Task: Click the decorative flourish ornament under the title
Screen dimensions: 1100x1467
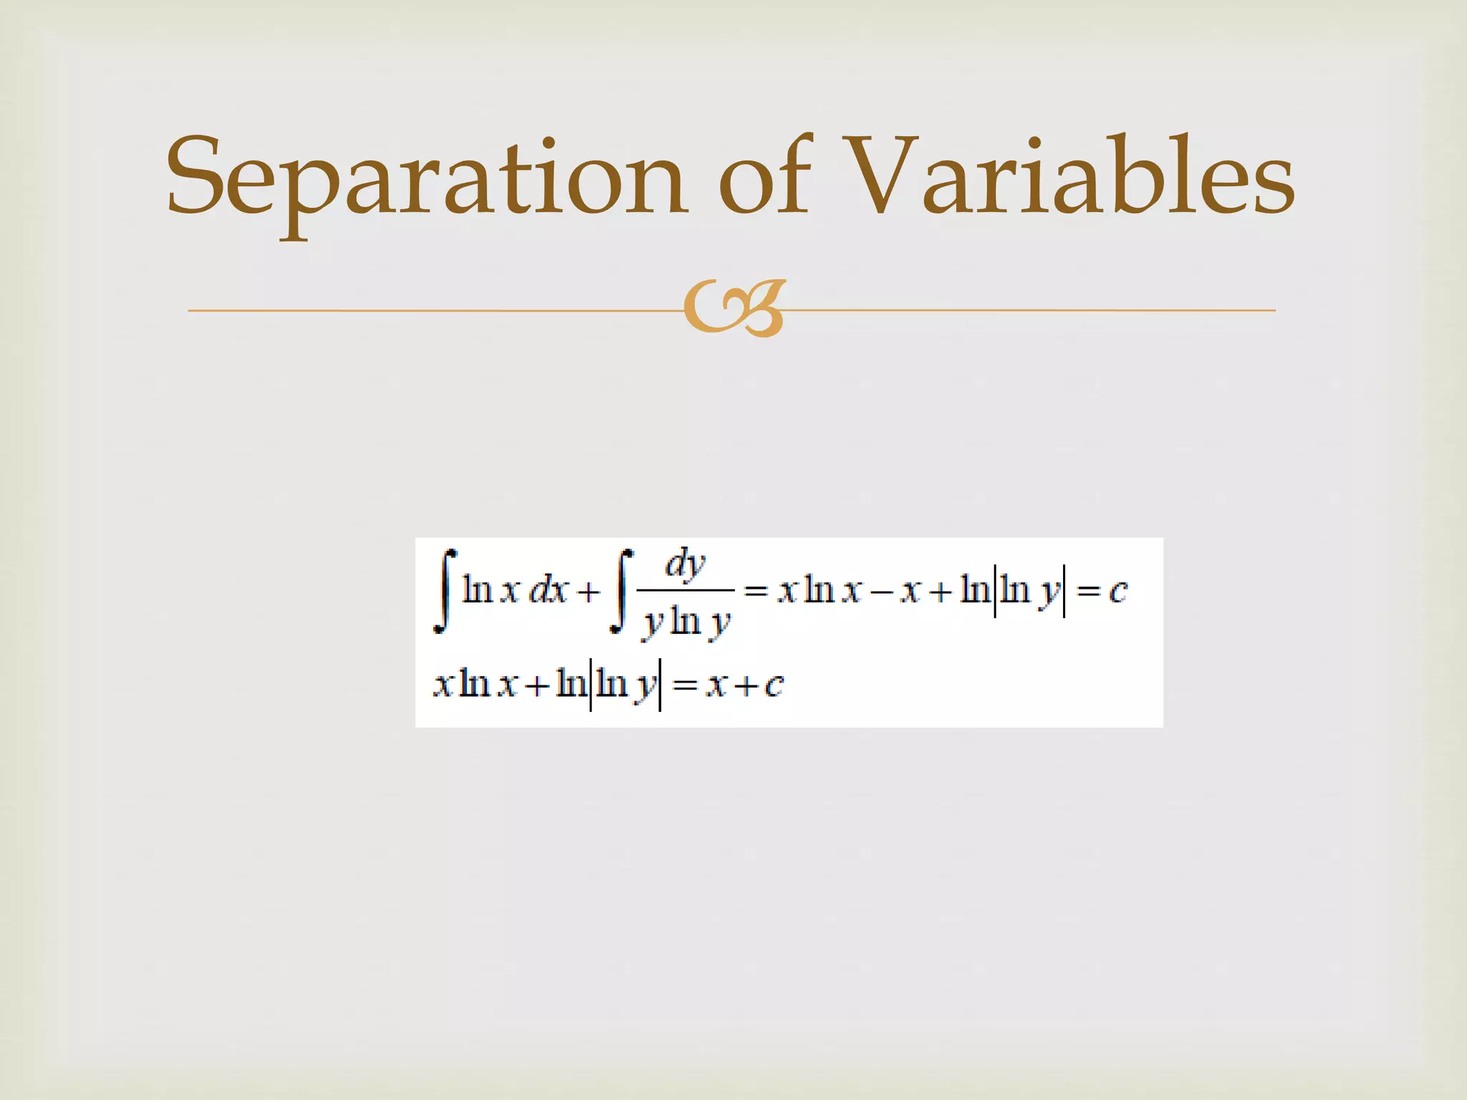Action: tap(735, 309)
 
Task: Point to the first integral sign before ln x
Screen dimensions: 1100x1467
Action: tap(445, 592)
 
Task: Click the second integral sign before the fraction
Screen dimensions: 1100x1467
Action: tap(621, 592)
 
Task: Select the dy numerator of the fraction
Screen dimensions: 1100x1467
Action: tap(686, 564)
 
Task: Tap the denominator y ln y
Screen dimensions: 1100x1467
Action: tap(686, 622)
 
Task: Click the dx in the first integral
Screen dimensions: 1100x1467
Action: tap(548, 592)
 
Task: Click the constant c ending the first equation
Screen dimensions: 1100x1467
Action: tap(1117, 592)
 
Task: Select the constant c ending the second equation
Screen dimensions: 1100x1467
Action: tap(774, 685)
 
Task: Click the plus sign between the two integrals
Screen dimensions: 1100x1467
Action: tap(589, 592)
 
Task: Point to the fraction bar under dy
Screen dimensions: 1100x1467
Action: tap(686, 590)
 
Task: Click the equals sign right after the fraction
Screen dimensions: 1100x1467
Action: tap(756, 592)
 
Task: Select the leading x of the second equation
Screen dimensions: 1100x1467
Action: tap(443, 685)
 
